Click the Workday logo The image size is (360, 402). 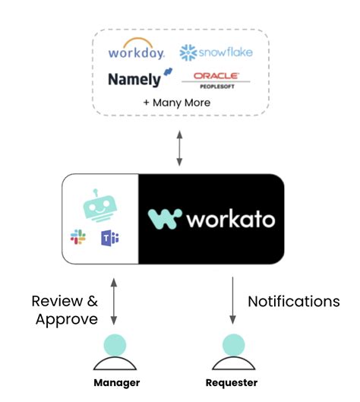(137, 52)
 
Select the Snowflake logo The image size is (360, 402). (216, 52)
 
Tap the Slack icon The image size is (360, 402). (78, 238)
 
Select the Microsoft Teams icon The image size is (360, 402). (110, 238)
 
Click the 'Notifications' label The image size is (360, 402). (294, 302)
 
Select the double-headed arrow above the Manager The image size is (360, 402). (114, 303)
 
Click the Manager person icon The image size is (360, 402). (115, 352)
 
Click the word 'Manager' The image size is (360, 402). (115, 383)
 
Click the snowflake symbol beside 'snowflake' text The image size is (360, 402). (188, 52)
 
